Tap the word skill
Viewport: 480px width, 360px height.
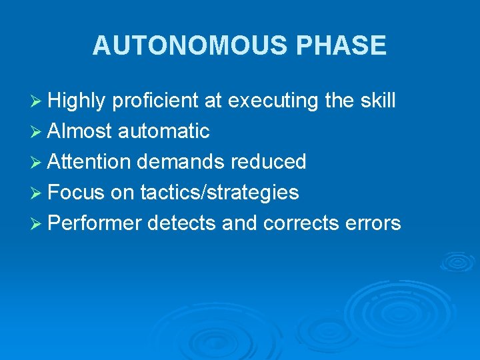(377, 101)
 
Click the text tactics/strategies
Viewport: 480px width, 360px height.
(219, 193)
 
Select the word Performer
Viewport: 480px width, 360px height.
(95, 223)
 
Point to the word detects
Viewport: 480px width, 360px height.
(182, 223)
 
